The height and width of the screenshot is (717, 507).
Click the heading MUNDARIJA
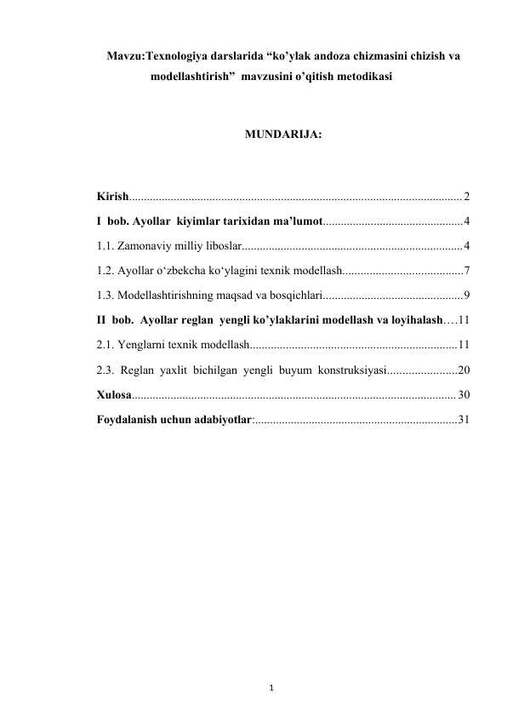(282, 135)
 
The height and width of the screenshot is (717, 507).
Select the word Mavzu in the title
(125, 57)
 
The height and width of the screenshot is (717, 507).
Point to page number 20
(464, 370)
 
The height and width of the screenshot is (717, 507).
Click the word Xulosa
(114, 395)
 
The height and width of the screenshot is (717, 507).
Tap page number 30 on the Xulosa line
(464, 395)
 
